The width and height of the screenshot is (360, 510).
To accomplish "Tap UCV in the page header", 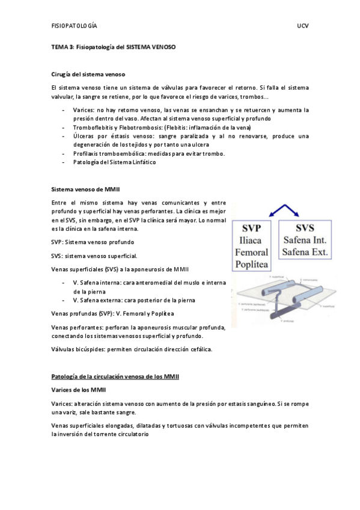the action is pos(302,27).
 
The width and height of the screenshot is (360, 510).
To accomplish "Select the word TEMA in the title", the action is pos(59,46).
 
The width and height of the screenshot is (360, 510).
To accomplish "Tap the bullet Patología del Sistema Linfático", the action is pos(114,162).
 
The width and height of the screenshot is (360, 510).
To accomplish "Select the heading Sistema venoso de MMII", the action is pos(86,189).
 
